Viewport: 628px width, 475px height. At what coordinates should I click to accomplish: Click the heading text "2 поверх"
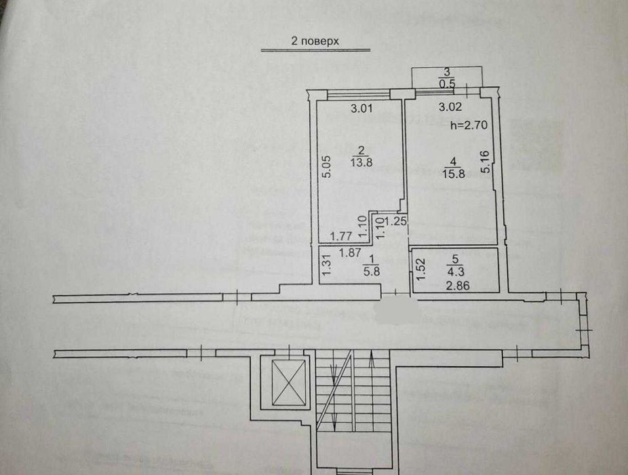tap(315, 41)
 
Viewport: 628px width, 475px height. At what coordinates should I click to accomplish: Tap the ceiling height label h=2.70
tap(469, 125)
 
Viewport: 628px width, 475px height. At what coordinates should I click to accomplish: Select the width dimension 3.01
tap(361, 107)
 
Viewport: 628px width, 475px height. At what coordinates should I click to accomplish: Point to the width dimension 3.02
tap(450, 107)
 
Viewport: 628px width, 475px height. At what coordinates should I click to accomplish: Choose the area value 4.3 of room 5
tap(456, 269)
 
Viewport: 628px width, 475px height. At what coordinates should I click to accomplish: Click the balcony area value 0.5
tap(447, 84)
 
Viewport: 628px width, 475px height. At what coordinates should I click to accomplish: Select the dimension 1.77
tap(340, 237)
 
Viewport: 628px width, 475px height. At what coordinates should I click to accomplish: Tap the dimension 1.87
tap(350, 252)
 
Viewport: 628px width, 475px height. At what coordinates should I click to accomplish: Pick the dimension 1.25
tap(395, 221)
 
